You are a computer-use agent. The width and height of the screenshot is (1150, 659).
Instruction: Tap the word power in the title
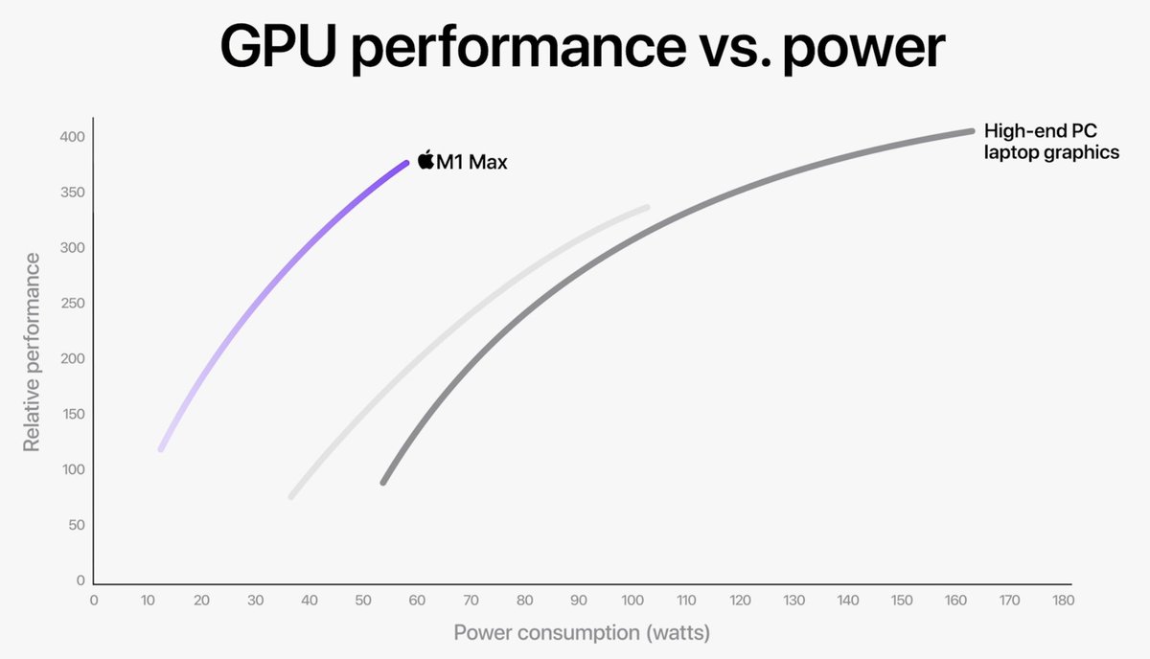click(862, 48)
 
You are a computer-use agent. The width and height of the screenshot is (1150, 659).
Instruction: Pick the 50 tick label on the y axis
click(77, 525)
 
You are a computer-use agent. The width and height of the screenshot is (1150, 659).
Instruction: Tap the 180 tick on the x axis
click(1062, 601)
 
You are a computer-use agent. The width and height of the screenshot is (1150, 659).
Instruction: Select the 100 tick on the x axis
click(631, 601)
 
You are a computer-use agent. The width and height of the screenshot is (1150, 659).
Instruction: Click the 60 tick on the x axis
click(416, 601)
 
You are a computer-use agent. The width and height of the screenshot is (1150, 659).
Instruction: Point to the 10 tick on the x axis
click(148, 601)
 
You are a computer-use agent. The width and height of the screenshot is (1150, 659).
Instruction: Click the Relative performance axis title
click(33, 352)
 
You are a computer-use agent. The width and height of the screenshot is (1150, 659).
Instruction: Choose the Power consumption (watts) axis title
click(583, 633)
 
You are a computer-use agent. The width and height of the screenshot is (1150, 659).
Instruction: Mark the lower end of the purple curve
click(161, 448)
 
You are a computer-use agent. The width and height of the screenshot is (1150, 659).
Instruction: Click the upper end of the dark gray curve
click(971, 131)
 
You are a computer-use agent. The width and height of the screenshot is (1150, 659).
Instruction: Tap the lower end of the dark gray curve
click(383, 482)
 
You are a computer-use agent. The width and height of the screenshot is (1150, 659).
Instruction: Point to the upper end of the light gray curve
click(647, 207)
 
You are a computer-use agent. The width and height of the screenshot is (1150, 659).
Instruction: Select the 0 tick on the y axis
click(81, 580)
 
